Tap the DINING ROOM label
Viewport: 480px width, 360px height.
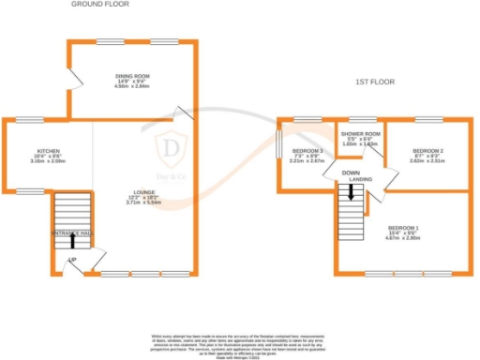[x=132, y=76]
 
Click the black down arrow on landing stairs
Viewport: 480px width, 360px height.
[x=351, y=192]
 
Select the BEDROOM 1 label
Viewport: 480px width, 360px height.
[x=404, y=227]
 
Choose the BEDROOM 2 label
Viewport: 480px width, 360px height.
[x=427, y=151]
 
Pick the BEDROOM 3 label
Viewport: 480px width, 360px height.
[x=307, y=151]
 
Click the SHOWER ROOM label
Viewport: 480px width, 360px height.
[x=360, y=133]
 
